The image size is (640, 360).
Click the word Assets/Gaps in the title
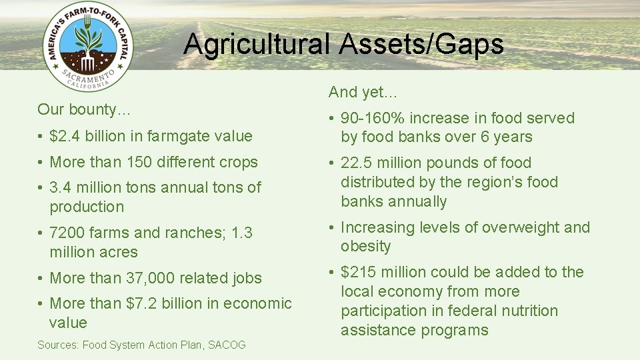coord(421,45)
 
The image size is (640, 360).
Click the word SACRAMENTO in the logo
coord(87,78)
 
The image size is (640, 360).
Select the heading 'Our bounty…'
coord(84,109)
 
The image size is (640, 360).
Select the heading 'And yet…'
coord(363,92)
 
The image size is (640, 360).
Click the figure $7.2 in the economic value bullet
coord(141,303)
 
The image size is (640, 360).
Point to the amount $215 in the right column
coord(357,272)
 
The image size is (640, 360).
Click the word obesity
coord(365,247)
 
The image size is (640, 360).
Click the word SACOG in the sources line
coord(227,345)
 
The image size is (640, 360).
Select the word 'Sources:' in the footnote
coord(58,345)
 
